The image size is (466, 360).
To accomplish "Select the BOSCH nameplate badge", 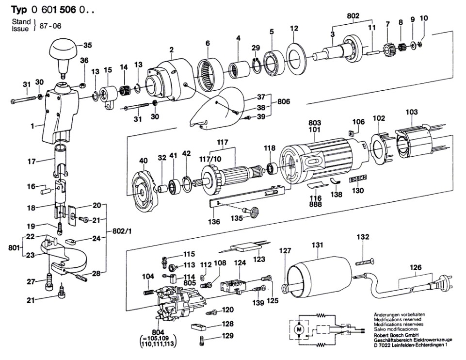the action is click(358, 179).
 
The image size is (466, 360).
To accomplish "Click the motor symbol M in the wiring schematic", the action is click(299, 329).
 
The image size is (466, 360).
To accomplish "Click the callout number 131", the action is click(317, 245).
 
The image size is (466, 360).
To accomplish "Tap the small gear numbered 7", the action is click(387, 49).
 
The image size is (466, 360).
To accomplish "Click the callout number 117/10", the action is click(210, 159).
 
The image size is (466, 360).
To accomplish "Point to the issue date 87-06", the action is click(50, 26).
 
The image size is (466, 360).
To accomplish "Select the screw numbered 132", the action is click(364, 262).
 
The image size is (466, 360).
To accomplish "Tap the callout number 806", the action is click(284, 102).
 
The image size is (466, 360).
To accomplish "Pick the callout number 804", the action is click(158, 332).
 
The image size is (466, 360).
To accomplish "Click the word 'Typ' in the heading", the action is click(19, 10).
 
